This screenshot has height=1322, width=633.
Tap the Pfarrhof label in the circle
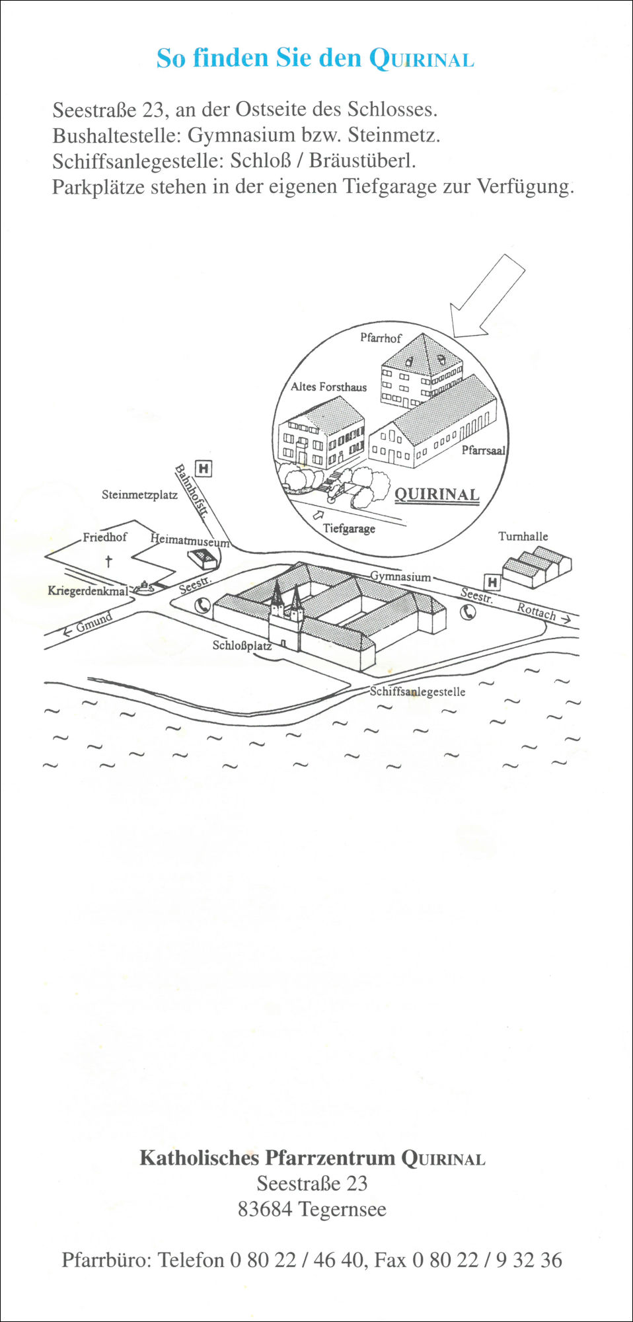pyautogui.click(x=381, y=338)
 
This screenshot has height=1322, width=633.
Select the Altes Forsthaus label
pyautogui.click(x=328, y=387)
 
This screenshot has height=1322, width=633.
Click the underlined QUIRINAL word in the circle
pyautogui.click(x=437, y=495)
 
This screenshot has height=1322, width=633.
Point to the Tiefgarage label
pyautogui.click(x=349, y=529)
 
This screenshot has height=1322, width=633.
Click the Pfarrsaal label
pyautogui.click(x=483, y=450)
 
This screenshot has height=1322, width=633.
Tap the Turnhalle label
pyautogui.click(x=523, y=536)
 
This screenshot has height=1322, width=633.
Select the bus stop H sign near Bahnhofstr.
pyautogui.click(x=204, y=469)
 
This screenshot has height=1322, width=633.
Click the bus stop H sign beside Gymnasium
pyautogui.click(x=492, y=582)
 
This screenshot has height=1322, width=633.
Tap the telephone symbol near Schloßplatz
pyautogui.click(x=203, y=605)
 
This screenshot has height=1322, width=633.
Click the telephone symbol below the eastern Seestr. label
pyautogui.click(x=468, y=612)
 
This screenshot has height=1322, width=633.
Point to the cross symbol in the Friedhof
pyautogui.click(x=108, y=561)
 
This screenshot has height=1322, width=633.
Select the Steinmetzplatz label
pyautogui.click(x=139, y=494)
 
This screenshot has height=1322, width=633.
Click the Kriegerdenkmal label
pyautogui.click(x=88, y=591)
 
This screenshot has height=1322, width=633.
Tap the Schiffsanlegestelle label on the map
pyautogui.click(x=418, y=692)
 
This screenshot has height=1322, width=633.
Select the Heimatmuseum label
pyautogui.click(x=190, y=540)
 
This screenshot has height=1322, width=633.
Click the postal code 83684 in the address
pyautogui.click(x=265, y=1209)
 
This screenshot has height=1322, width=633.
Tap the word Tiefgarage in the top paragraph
pyautogui.click(x=390, y=186)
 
